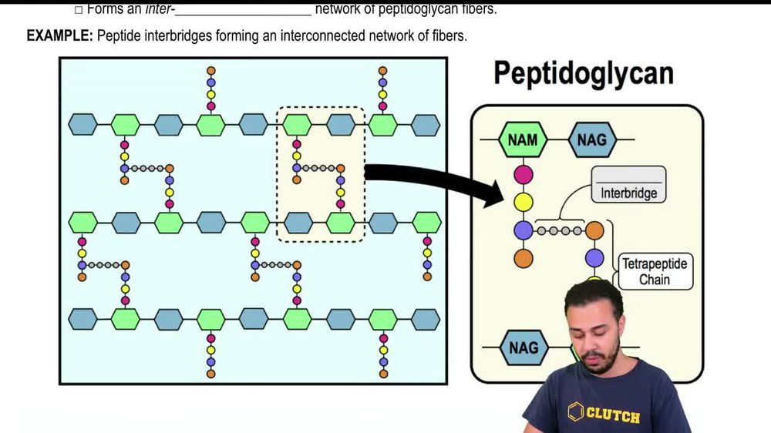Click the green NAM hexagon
pos(524,140)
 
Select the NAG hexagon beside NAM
pos(591,140)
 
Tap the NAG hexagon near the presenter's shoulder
pos(524,348)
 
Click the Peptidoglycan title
pos(583,73)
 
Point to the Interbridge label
pos(628,193)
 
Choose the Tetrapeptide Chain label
pos(654,272)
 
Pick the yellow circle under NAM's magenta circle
pos(524,202)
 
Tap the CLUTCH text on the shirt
pos(613,416)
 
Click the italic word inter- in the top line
pos(160,10)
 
